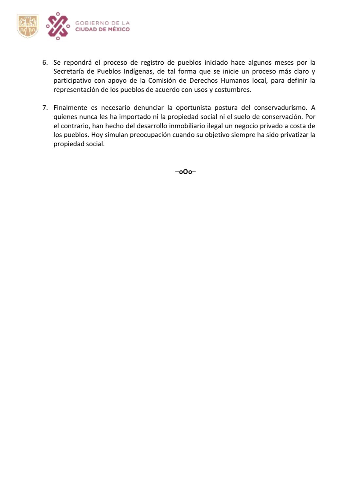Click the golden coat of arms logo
click(x=27, y=26)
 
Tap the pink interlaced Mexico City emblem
click(x=58, y=26)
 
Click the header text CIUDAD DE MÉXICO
click(x=102, y=29)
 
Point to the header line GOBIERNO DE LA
click(x=102, y=23)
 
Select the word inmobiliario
click(x=187, y=126)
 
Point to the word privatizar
click(x=294, y=135)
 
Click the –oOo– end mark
click(x=186, y=172)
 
